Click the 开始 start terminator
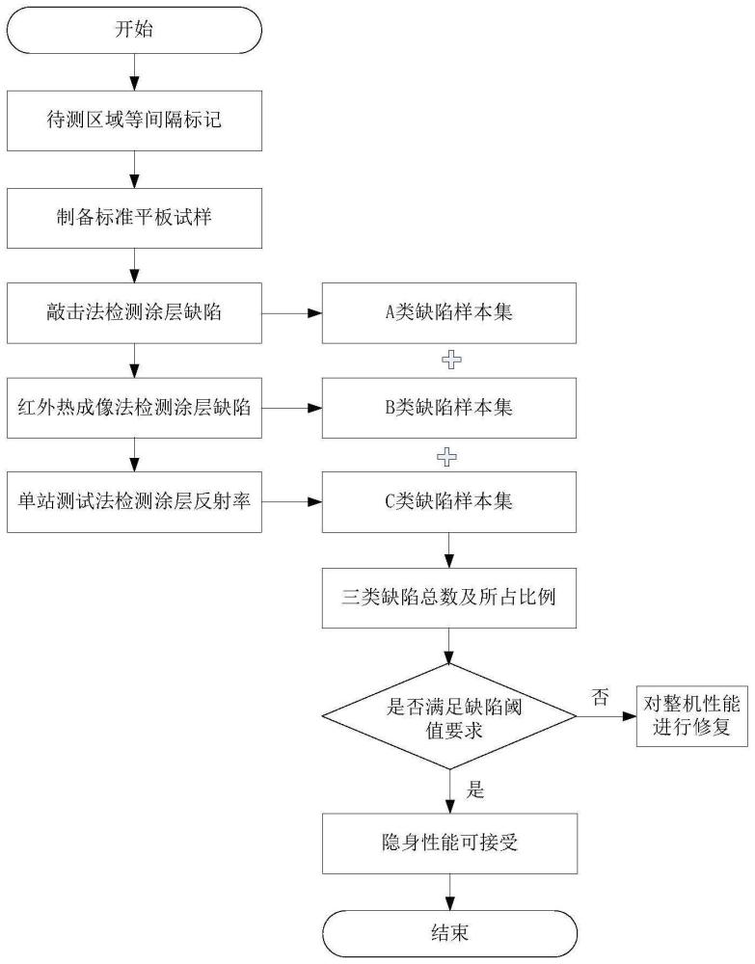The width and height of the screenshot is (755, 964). [x=134, y=29]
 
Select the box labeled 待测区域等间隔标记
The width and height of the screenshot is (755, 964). [x=134, y=120]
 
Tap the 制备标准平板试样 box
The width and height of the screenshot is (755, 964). [x=134, y=218]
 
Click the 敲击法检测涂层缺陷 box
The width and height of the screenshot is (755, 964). [x=134, y=313]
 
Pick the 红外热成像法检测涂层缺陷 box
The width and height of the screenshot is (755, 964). [x=134, y=408]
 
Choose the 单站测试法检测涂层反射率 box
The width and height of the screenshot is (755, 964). [x=134, y=501]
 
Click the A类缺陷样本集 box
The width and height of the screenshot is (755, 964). [x=448, y=313]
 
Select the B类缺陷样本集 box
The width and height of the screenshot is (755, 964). [x=448, y=408]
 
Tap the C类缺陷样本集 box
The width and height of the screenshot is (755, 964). [x=448, y=501]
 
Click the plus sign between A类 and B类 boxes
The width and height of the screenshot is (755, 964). [x=451, y=361]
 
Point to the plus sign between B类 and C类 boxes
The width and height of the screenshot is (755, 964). [x=447, y=457]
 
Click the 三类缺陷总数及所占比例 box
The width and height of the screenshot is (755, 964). [x=448, y=598]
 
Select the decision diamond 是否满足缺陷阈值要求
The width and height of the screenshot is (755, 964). [x=448, y=716]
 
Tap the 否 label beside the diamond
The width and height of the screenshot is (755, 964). [x=600, y=697]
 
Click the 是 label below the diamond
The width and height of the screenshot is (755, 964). [x=475, y=790]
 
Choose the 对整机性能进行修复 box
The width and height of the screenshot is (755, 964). [x=691, y=716]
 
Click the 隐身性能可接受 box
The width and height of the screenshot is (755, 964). [x=449, y=843]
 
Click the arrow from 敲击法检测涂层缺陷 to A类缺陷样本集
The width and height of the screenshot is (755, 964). [x=292, y=313]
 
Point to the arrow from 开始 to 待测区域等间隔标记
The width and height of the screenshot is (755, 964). [x=134, y=72]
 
